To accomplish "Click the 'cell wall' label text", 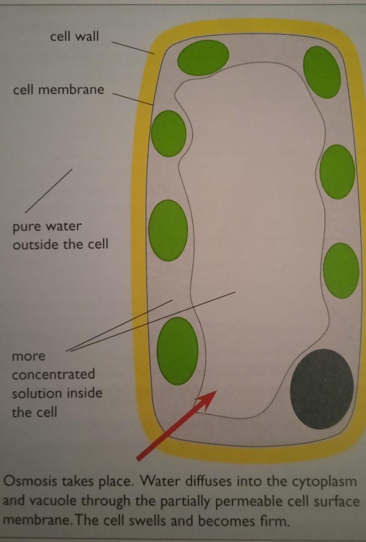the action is pyautogui.click(x=75, y=36).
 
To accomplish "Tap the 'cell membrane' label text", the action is pyautogui.click(x=58, y=90).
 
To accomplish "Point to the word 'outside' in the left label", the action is pyautogui.click(x=36, y=244).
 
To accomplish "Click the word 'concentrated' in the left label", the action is pyautogui.click(x=53, y=374).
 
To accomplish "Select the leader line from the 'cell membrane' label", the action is pyautogui.click(x=133, y=98).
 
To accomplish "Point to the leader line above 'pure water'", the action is pyautogui.click(x=49, y=191).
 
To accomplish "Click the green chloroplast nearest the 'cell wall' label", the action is pyautogui.click(x=203, y=58).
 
